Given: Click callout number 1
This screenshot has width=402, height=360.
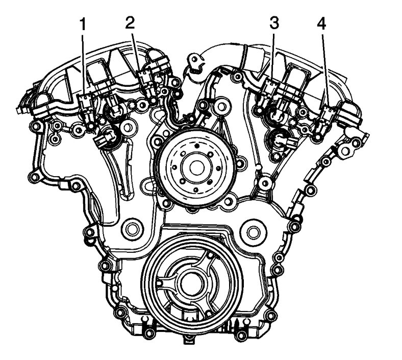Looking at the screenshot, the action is pos(82,25).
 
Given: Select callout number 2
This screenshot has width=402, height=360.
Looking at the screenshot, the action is pos(130,23).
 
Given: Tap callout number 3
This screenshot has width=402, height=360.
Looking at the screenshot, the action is pos(274,23).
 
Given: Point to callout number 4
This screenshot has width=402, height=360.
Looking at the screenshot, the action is pos(321,24).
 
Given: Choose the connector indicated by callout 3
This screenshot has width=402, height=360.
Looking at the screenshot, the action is pos(269,87).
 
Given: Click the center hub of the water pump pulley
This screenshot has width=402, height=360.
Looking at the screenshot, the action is pos(197,167).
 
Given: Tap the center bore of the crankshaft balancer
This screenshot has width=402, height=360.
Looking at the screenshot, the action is pos(192,283).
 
